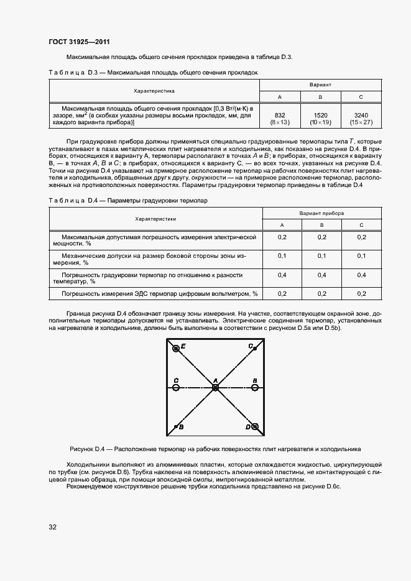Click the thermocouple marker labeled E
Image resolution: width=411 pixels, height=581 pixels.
[x=176, y=349]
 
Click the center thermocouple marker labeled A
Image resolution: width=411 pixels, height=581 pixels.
[x=215, y=388]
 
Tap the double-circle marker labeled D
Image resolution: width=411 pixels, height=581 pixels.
[x=255, y=427]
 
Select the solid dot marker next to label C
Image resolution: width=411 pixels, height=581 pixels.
[x=256, y=348]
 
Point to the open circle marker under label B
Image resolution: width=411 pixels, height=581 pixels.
[x=255, y=388]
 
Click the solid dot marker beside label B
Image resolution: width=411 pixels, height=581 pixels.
[x=175, y=428]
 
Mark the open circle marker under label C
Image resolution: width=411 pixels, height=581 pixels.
[x=176, y=388]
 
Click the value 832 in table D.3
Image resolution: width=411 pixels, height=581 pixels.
[x=280, y=115]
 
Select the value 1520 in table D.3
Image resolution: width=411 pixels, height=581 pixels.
[x=320, y=115]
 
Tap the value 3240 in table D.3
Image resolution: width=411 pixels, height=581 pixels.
[x=361, y=115]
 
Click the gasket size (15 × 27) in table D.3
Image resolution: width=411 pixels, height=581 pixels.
[x=361, y=122]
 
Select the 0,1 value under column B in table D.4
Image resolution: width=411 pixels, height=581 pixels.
[x=322, y=255]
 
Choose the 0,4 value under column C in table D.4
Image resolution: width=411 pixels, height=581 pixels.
[x=362, y=274]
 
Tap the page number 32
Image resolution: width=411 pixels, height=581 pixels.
[x=53, y=527]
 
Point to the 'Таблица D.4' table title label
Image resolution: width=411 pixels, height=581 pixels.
[x=70, y=201]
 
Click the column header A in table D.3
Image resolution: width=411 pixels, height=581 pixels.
[x=280, y=97]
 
